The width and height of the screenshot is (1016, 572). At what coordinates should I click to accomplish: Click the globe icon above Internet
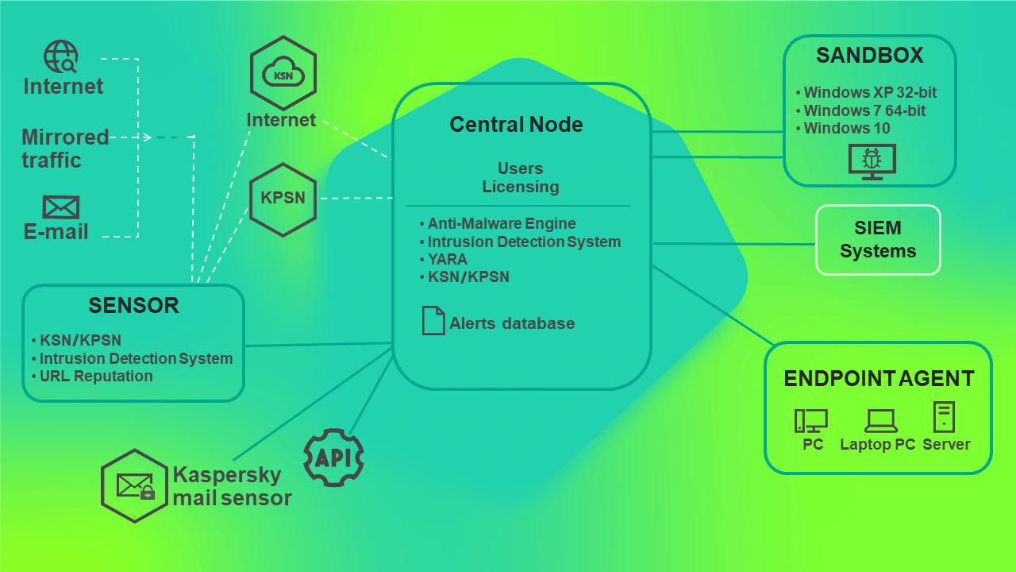point(61,57)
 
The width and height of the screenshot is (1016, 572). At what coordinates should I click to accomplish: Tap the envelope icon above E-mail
point(60,207)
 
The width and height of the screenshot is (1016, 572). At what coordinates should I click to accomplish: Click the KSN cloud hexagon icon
point(283,73)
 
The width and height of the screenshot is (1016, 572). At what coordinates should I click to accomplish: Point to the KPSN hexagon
point(283,199)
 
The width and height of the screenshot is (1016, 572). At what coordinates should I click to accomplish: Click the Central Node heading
point(516,125)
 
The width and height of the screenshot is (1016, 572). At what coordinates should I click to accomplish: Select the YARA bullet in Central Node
point(448,259)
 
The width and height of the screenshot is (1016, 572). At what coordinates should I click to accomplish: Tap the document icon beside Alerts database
point(433,320)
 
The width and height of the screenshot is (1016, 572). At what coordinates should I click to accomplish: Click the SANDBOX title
point(870,56)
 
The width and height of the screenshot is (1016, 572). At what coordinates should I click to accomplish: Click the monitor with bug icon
point(872,161)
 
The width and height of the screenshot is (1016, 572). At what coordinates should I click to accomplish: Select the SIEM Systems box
point(878,240)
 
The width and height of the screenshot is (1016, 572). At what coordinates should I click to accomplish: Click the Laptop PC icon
point(880,420)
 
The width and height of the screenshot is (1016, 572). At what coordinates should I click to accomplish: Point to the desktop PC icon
point(810,420)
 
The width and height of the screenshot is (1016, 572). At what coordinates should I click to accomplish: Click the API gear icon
point(333,458)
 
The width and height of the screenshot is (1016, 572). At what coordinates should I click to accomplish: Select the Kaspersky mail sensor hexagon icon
point(134,485)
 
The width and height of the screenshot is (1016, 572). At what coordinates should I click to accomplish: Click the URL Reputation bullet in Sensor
point(95,377)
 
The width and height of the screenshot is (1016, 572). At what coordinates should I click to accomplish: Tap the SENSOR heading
point(133,305)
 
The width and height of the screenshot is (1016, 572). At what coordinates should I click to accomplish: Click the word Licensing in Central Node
point(521,187)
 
